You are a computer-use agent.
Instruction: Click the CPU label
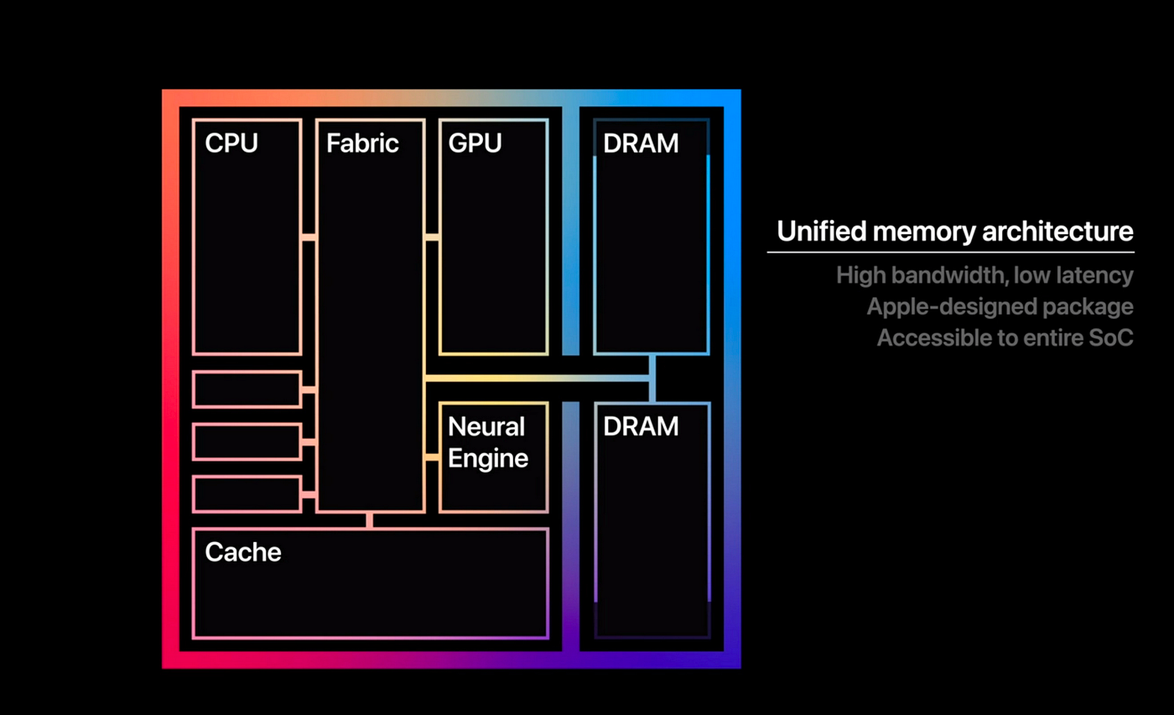tap(231, 144)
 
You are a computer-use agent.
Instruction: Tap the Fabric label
tap(362, 144)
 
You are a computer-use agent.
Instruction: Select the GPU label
tap(475, 144)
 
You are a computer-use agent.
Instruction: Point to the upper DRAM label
tap(641, 144)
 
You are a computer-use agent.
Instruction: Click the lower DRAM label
tap(641, 426)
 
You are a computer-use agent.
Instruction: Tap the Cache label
tap(242, 552)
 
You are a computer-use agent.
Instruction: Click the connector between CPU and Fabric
tap(309, 238)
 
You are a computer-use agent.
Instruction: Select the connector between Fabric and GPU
tap(432, 238)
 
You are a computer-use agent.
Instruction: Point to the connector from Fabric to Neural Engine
tap(432, 457)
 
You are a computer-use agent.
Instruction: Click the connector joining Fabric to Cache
tap(369, 520)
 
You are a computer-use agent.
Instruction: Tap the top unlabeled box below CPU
tap(247, 389)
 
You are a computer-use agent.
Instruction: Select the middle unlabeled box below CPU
tap(247, 442)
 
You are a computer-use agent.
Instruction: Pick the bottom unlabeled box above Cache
tap(247, 494)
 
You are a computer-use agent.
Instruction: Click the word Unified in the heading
tap(817, 232)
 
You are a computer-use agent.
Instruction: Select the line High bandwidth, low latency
tap(984, 275)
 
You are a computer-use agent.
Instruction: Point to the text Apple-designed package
tap(1000, 307)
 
